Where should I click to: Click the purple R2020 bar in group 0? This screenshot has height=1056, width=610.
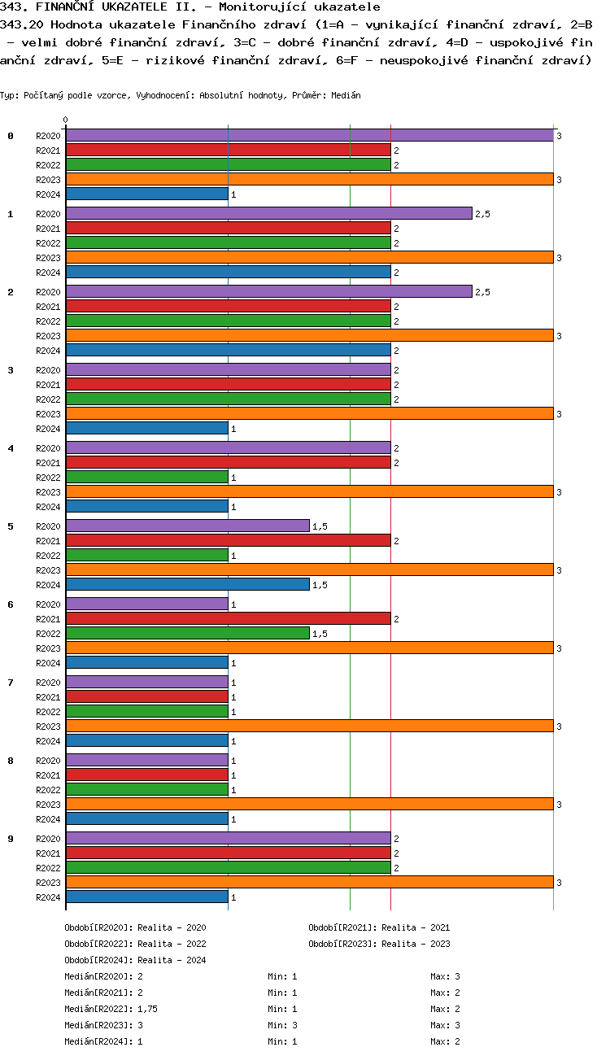(x=309, y=136)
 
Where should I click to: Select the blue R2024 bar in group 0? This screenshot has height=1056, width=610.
(x=146, y=194)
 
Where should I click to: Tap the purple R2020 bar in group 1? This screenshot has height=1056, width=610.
(x=268, y=213)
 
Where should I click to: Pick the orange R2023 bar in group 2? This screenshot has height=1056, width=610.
(x=309, y=336)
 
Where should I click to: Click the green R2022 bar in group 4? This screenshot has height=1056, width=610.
(x=146, y=478)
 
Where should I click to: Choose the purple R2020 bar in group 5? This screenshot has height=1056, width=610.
(x=187, y=526)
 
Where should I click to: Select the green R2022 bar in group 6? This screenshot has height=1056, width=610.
(x=187, y=634)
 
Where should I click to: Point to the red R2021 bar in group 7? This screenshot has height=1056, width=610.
(x=146, y=697)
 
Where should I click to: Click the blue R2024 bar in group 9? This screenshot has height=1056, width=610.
(x=146, y=897)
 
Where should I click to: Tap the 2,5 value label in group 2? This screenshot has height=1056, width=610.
(x=482, y=292)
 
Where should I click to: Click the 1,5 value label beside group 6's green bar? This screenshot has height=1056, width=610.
(x=320, y=634)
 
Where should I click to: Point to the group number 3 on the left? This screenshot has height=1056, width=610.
(x=11, y=370)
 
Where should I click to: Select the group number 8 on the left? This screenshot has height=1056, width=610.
(x=11, y=761)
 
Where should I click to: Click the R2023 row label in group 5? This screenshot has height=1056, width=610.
(x=48, y=570)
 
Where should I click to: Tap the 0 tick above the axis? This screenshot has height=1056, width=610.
(x=66, y=120)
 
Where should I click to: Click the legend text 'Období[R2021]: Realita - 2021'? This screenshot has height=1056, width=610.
(x=379, y=927)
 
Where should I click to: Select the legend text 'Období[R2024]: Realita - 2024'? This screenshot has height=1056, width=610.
(x=135, y=960)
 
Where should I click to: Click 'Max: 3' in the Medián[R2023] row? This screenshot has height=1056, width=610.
(x=446, y=1025)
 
